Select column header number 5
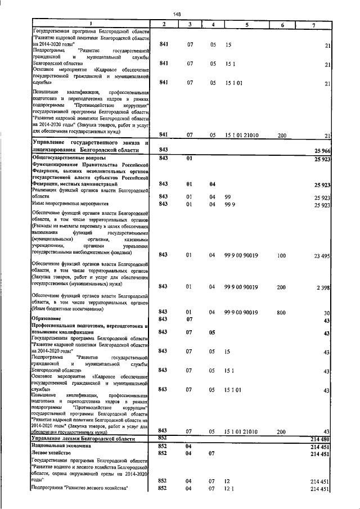click(246, 24)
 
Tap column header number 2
click(164, 24)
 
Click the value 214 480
click(319, 438)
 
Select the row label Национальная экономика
click(66, 445)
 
